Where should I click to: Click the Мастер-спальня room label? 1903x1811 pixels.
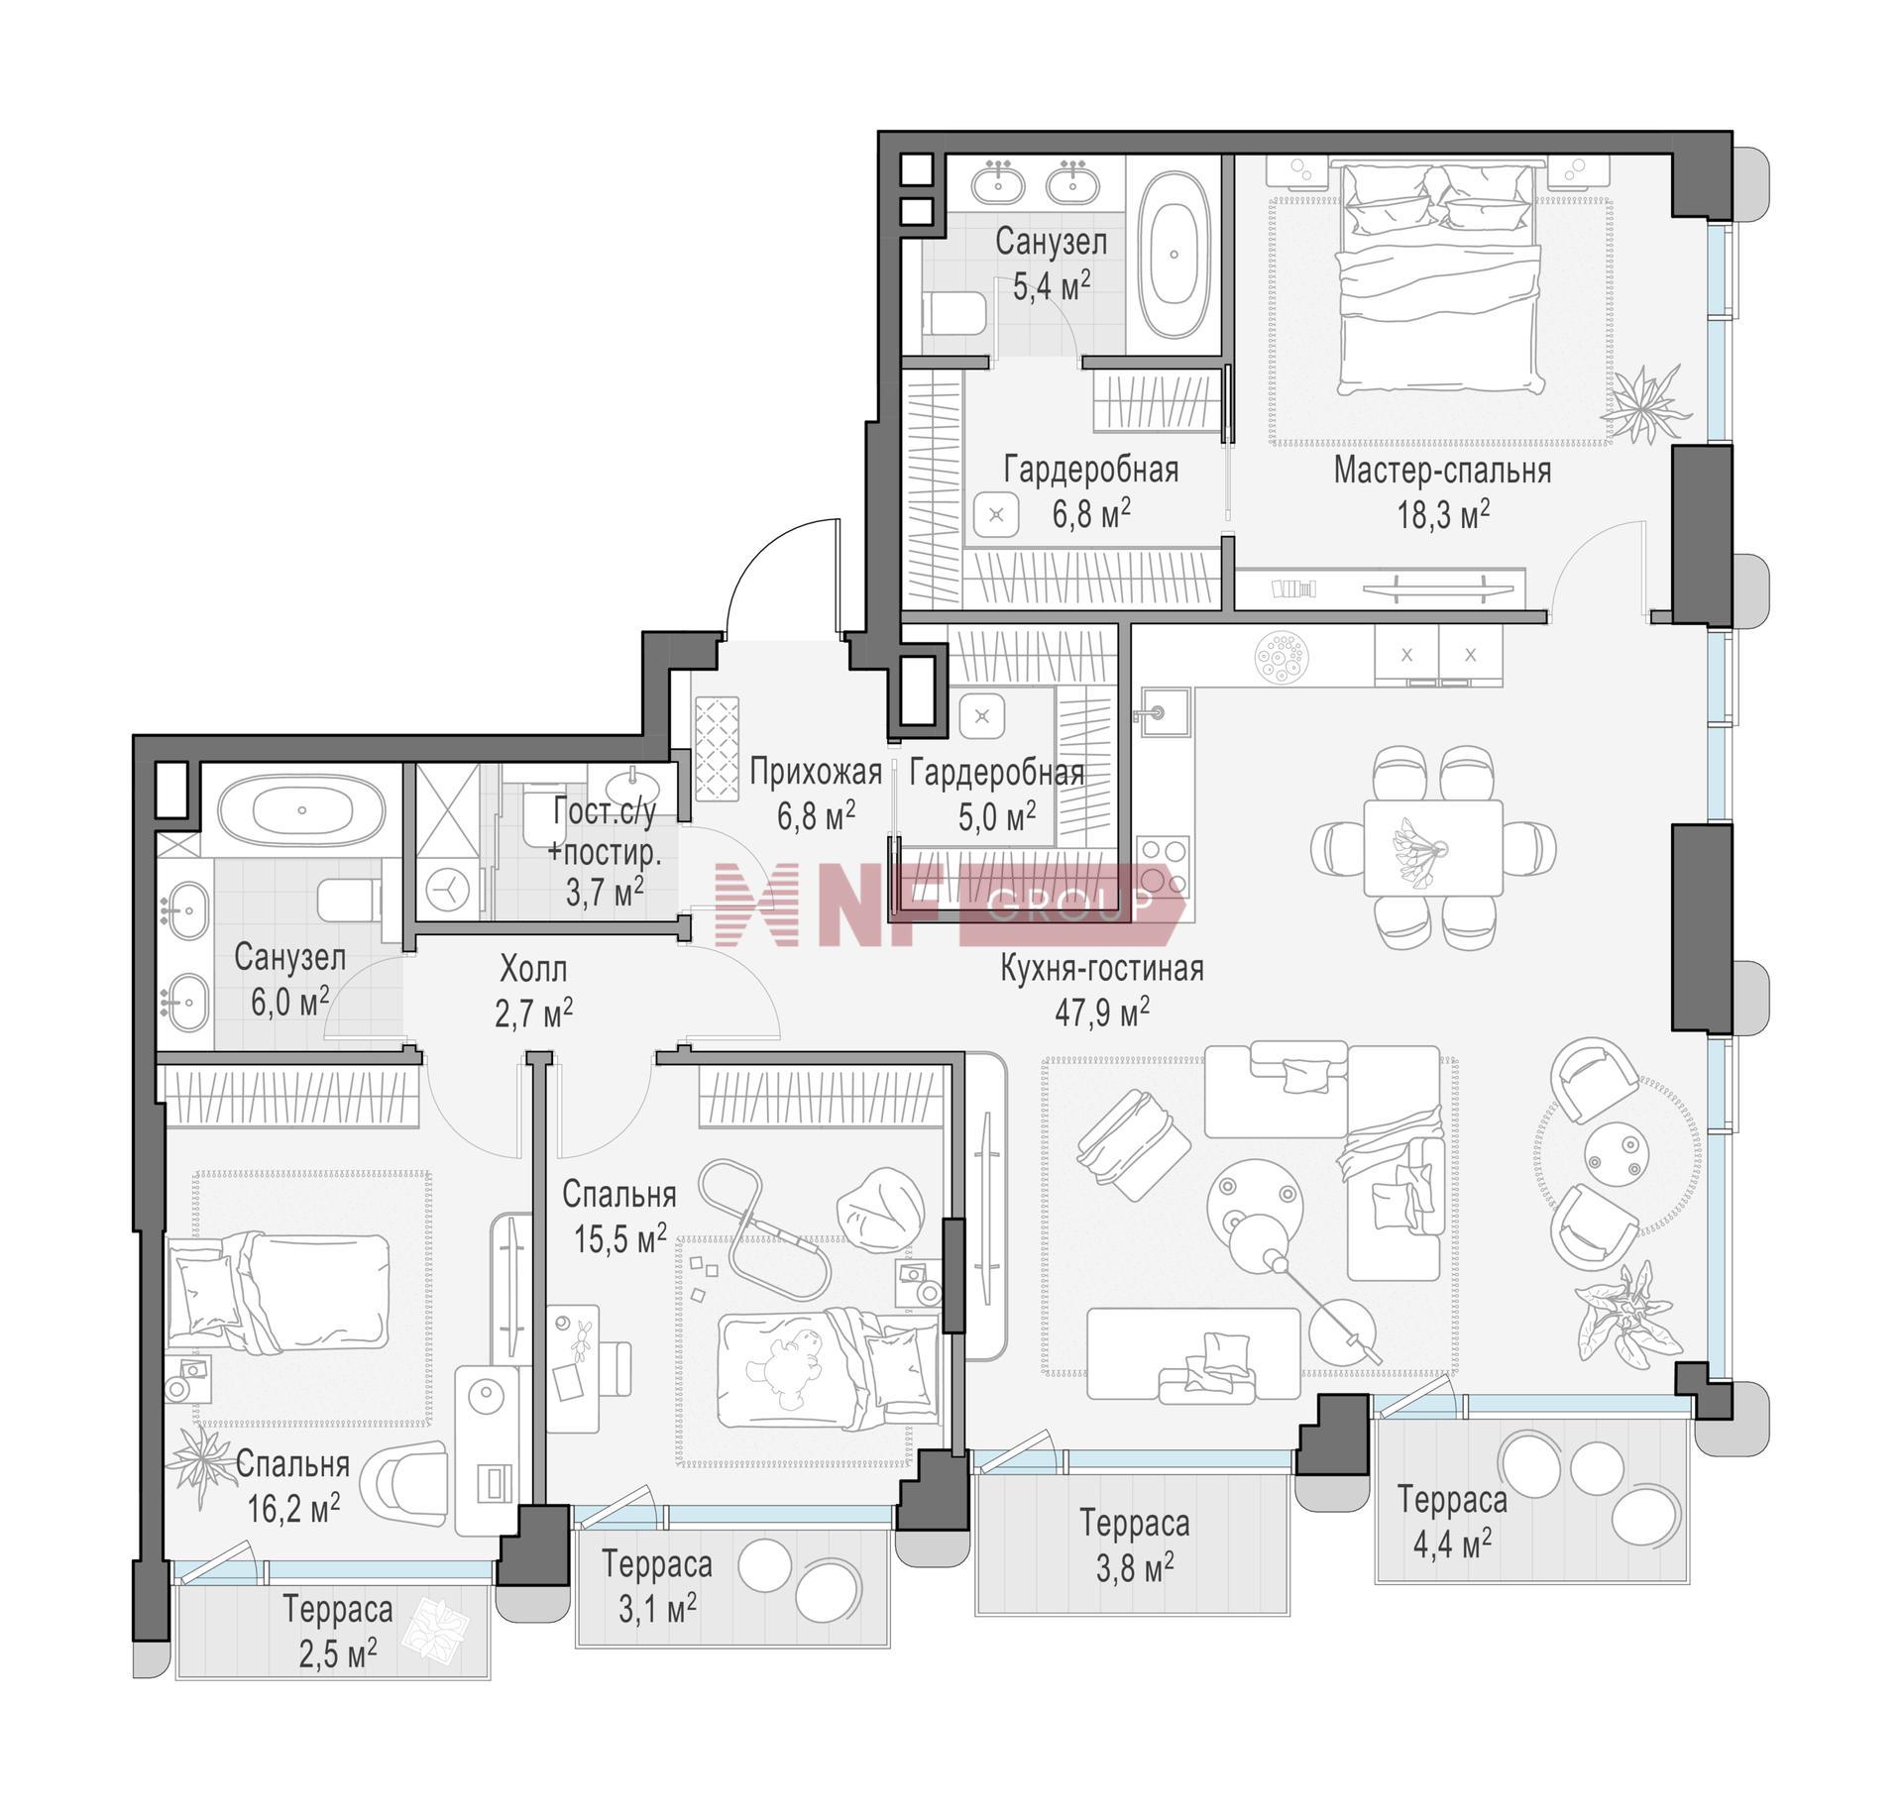coord(1442,471)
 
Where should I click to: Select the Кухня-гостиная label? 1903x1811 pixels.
coord(1102,968)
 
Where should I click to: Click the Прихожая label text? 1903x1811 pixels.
coord(816,772)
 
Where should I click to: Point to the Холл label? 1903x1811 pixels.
coord(533,968)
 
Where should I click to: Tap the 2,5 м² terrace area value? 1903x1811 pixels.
coord(338,1652)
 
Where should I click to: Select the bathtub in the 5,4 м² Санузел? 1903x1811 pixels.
coord(1175,255)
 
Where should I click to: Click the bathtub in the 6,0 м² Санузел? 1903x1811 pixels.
coord(301,809)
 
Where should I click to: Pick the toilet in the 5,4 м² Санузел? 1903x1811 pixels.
coord(953,315)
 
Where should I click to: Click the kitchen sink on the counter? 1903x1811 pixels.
coord(1159,713)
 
